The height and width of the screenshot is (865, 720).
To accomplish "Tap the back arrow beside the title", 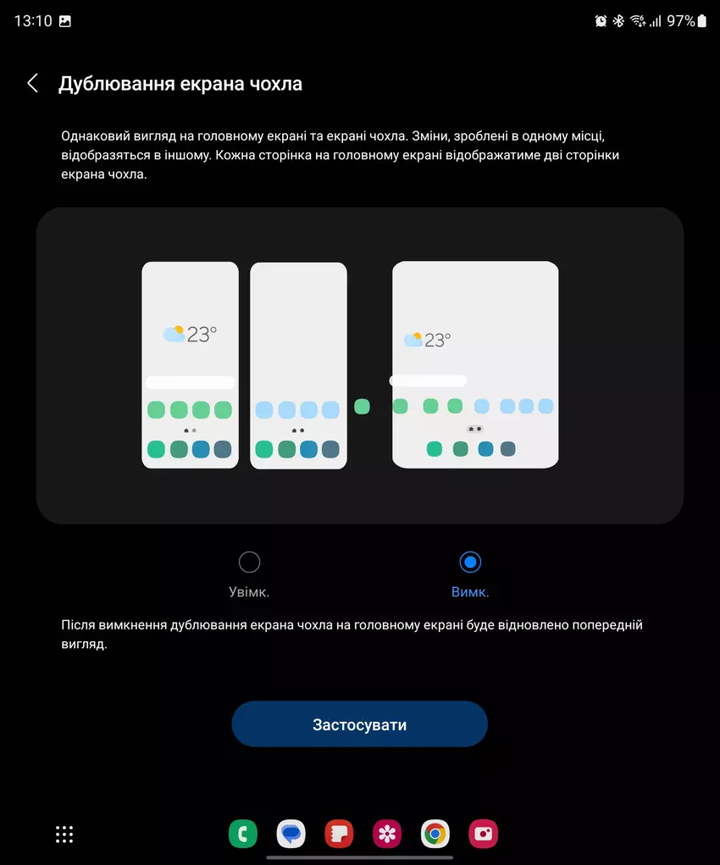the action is [32, 83].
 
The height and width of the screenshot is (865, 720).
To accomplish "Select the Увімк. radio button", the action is [249, 563].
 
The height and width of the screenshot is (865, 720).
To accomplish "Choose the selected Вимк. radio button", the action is [470, 563].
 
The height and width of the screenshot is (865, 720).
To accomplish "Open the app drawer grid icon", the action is [64, 835].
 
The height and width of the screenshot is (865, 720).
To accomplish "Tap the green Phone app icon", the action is [243, 834].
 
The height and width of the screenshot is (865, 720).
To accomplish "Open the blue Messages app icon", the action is [291, 834].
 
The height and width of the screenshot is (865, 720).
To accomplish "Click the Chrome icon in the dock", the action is [435, 834].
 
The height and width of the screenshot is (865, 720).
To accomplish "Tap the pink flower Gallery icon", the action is [387, 834].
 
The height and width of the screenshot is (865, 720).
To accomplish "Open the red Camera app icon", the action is [484, 834].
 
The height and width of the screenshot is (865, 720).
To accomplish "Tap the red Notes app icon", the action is [339, 834].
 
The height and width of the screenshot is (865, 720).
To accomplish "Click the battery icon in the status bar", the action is [702, 21].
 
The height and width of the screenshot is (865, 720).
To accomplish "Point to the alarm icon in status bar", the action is [601, 21].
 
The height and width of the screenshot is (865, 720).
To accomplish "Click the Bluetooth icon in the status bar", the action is [618, 21].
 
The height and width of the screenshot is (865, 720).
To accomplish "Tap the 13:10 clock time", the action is [33, 21].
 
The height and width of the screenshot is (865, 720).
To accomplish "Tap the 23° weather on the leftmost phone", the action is [190, 335].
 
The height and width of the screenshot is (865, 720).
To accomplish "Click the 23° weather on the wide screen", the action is [427, 340].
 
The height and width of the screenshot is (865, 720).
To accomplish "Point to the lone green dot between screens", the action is [362, 407].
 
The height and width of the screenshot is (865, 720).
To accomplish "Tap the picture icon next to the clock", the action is [65, 21].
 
